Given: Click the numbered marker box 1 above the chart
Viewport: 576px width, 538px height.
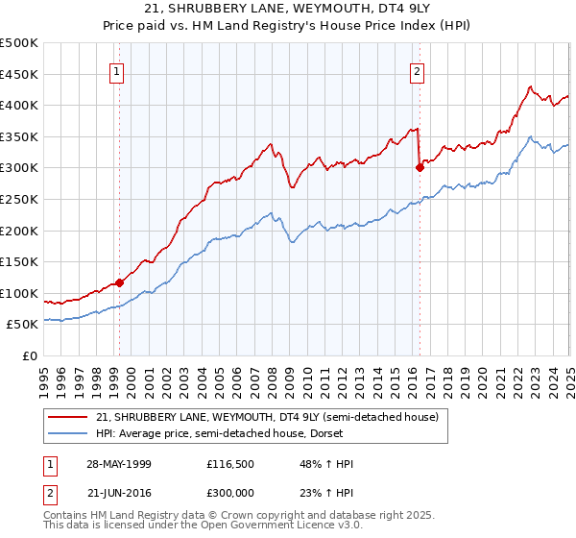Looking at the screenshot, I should (x=116, y=70).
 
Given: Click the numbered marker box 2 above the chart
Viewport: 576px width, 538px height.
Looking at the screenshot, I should (x=418, y=70).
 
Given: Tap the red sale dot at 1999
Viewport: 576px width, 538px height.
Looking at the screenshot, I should (x=120, y=282).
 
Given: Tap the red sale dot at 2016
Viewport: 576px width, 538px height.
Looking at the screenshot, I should (x=420, y=167).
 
